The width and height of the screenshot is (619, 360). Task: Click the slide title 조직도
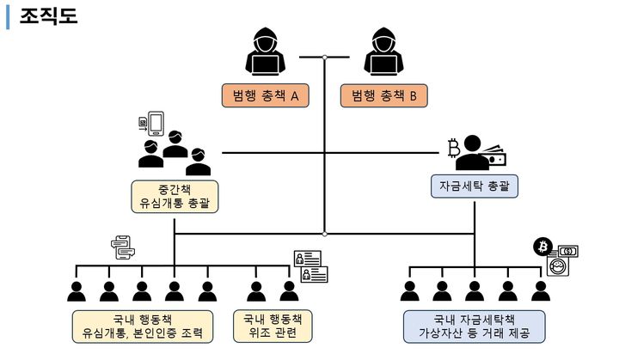coord(49,15)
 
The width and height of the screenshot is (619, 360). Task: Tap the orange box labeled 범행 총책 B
coord(383,96)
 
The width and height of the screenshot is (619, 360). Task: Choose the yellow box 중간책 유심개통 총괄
coord(175,196)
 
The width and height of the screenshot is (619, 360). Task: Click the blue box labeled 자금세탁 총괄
coord(475,185)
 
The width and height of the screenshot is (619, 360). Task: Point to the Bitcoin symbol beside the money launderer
coord(454,149)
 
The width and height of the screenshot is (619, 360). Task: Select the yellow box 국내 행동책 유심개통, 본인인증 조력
coord(142,326)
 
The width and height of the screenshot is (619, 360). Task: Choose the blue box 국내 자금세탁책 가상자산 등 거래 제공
coord(475,326)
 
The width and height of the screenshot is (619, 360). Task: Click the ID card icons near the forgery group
coord(311,266)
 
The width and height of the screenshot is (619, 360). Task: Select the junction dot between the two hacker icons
coord(325,58)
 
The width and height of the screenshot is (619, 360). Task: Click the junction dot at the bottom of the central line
coord(325,233)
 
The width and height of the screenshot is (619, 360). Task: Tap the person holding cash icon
coord(480,153)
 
